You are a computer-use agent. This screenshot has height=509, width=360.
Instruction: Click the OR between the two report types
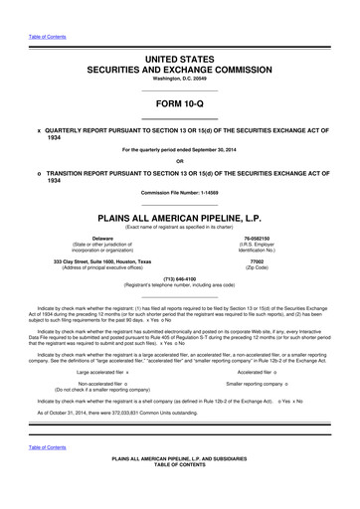pos(179,161)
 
